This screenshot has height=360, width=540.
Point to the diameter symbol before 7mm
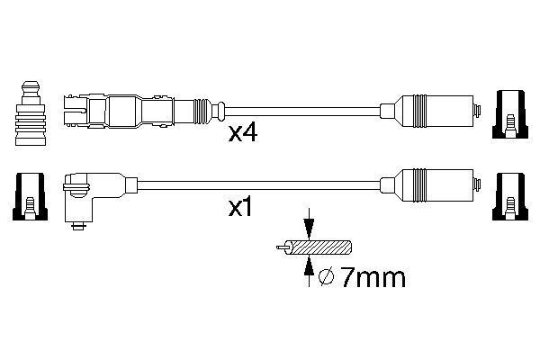[325, 279]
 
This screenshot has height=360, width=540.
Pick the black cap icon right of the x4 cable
[509, 114]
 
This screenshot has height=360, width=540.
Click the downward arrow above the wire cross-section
[309, 224]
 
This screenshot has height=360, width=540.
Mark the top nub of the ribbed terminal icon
[31, 87]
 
